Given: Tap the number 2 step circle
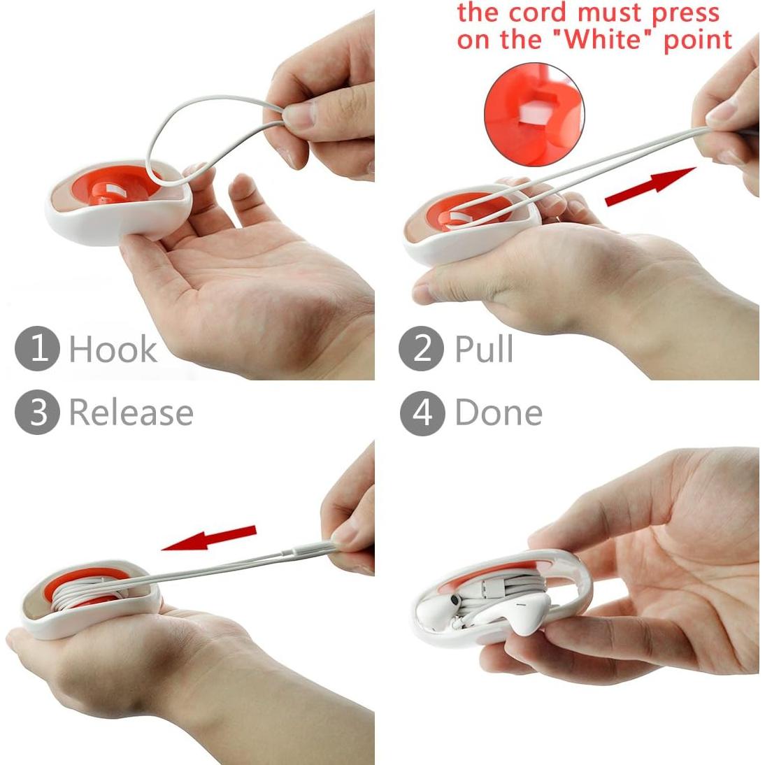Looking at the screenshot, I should point(422,348).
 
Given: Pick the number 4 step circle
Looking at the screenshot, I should point(422,413).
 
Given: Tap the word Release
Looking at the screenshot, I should point(131,413).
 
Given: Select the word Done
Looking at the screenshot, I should point(499,413).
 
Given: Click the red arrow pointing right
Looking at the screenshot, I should point(650,187).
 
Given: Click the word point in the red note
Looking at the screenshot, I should point(697,40).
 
